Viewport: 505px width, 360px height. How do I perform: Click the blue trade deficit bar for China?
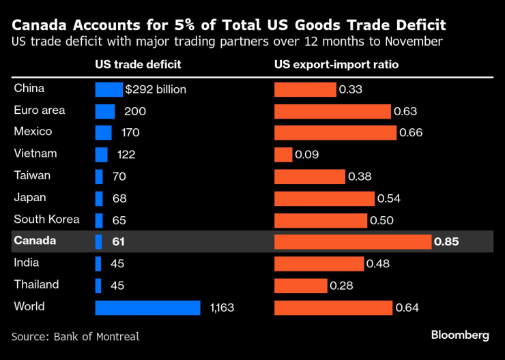click(x=108, y=89)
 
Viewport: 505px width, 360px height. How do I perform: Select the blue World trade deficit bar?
click(x=147, y=307)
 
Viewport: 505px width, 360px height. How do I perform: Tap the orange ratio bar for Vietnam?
click(x=283, y=155)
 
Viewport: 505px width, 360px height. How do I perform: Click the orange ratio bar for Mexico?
click(x=335, y=133)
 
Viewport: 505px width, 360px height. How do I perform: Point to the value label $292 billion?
click(x=156, y=89)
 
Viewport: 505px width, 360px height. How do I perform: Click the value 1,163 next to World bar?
click(x=222, y=307)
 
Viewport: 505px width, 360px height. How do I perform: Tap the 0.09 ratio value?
click(x=307, y=155)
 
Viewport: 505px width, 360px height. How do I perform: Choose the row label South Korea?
click(x=46, y=220)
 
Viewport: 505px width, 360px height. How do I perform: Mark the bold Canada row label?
click(x=35, y=241)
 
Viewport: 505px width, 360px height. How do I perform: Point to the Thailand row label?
click(x=36, y=284)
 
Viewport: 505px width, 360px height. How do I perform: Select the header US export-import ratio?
click(x=336, y=65)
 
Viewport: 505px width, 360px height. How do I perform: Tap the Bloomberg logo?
click(x=460, y=335)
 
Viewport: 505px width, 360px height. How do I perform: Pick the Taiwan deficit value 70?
click(x=119, y=177)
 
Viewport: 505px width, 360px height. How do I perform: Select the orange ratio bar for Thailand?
click(x=300, y=286)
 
